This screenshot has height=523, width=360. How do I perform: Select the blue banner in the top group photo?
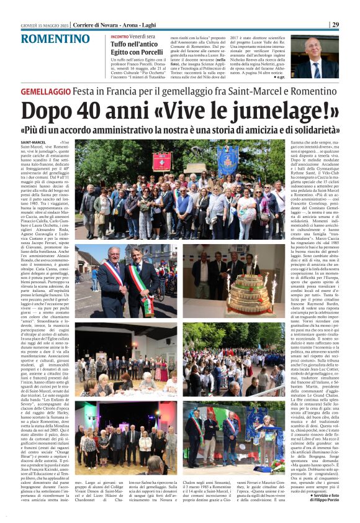228,160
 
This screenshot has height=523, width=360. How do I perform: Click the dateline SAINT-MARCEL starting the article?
33,142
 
